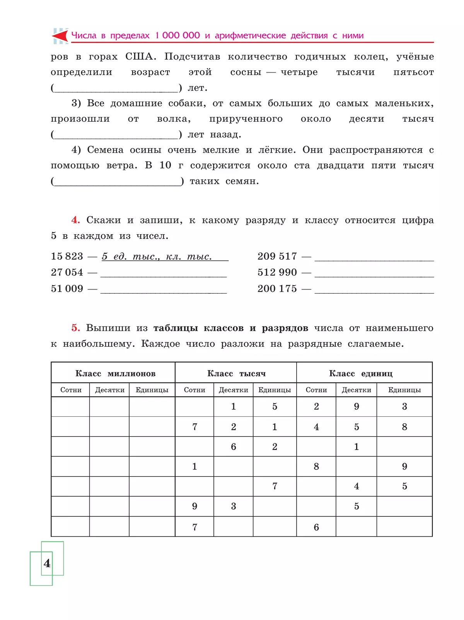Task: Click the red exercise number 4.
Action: tap(75, 220)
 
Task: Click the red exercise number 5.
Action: tap(75, 328)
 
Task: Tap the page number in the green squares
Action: tap(47, 563)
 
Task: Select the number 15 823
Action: tap(67, 256)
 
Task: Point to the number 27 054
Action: tap(67, 273)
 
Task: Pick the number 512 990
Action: tap(277, 273)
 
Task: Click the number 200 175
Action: tap(277, 289)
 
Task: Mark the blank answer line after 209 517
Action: tap(374, 260)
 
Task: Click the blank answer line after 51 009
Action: tap(163, 292)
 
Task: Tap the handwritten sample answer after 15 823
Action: tap(157, 257)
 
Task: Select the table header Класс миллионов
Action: tap(115, 373)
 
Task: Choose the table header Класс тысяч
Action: tap(236, 373)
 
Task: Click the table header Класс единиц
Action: tap(360, 373)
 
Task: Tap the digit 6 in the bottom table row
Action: tap(316, 527)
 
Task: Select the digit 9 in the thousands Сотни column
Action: tap(194, 506)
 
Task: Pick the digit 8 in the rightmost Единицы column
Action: tap(404, 427)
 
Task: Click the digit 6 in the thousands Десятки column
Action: tap(234, 447)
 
